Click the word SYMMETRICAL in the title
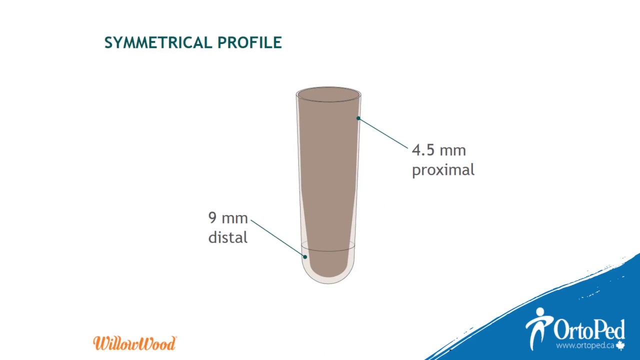158,43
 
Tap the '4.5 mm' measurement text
438,150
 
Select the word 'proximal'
443,170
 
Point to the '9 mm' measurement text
228,218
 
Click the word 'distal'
227,237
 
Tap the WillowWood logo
134,343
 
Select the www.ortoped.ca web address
585,345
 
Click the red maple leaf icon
620,345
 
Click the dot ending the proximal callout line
358,118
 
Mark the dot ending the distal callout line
305,257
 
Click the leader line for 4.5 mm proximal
383,133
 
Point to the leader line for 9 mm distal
277,238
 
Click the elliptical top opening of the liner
328,94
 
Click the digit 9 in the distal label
212,218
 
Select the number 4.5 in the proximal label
423,150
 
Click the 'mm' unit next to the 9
234,218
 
